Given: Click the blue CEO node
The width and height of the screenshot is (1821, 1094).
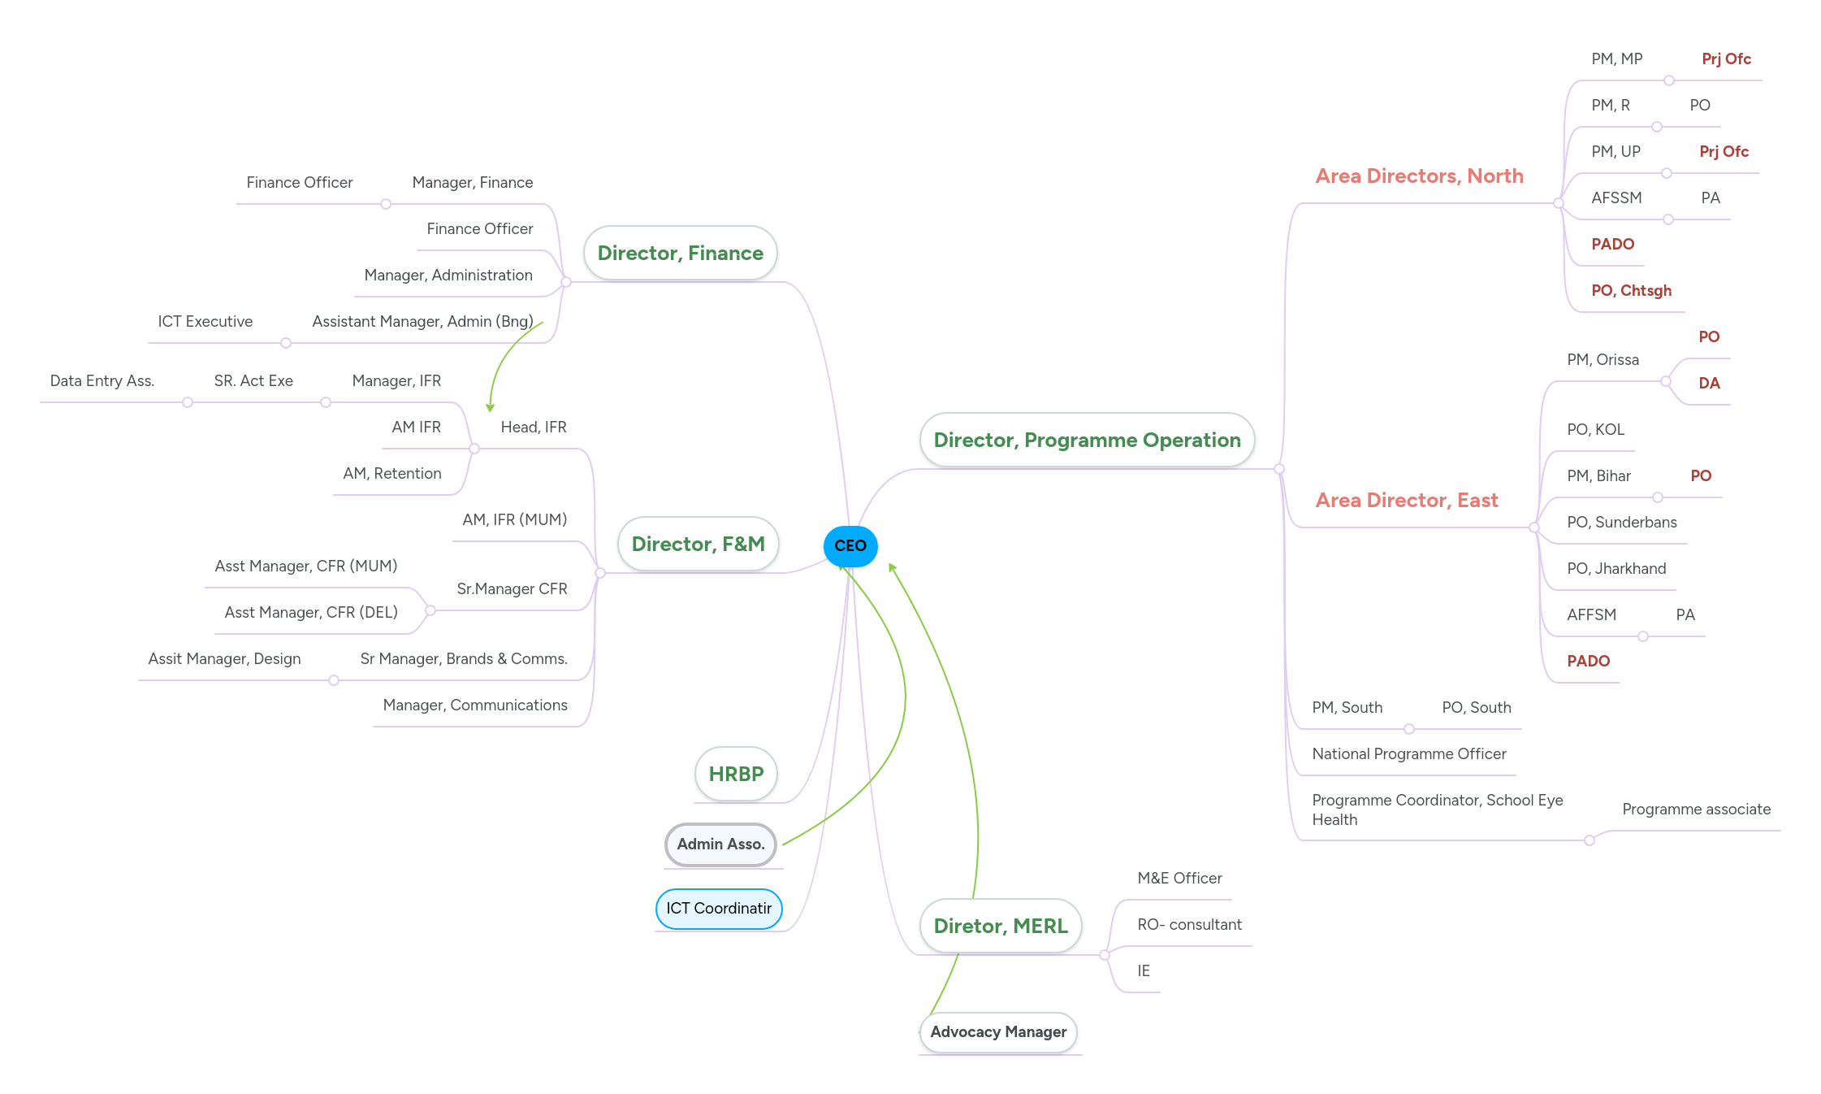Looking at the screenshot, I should tap(850, 546).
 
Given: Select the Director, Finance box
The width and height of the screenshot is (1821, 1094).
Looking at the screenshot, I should tap(680, 254).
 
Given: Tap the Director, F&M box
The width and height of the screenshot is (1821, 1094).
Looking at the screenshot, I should tap(698, 545).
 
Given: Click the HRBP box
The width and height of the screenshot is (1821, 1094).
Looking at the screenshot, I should tap(736, 775).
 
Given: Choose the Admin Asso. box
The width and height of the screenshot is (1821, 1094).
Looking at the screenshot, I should tap(720, 844).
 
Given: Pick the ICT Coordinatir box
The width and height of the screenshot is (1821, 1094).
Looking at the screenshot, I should tap(719, 909).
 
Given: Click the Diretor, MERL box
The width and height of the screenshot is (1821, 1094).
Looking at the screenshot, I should tap(1000, 927).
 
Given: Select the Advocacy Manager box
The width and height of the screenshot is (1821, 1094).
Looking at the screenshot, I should tap(998, 1032).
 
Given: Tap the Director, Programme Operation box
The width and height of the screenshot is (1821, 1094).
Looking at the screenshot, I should tap(1087, 441).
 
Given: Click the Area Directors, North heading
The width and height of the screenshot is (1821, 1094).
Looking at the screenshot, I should tap(1419, 176).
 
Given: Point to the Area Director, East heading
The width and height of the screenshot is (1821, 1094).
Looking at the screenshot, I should tap(1406, 501).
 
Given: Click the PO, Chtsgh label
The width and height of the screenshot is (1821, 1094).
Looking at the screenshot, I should tap(1631, 291).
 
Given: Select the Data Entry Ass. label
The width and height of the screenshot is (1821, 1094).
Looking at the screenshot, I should tap(102, 381).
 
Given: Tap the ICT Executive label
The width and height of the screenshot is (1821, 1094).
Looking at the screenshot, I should tap(205, 322).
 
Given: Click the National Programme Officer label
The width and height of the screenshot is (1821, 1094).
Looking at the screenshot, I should tap(1408, 754).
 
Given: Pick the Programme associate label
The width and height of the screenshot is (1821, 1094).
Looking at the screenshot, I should tap(1696, 810).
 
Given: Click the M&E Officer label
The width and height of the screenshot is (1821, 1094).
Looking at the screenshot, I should tap(1179, 879).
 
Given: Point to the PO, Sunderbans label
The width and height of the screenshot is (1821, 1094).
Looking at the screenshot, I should tap(1621, 523).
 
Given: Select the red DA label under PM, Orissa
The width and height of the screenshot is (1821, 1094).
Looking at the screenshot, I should tap(1709, 384).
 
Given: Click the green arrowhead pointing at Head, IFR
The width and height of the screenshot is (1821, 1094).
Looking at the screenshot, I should tap(490, 408).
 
